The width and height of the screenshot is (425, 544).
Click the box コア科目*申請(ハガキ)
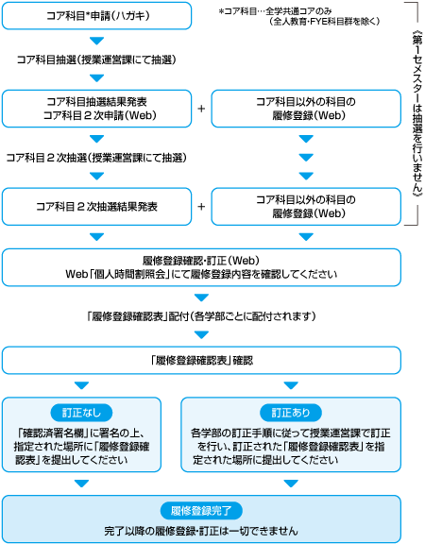tap(96, 16)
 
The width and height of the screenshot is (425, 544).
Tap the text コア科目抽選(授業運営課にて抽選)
tap(96, 60)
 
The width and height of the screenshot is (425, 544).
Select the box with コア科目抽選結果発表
tap(96, 109)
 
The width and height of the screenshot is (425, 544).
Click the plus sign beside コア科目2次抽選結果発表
tap(201, 207)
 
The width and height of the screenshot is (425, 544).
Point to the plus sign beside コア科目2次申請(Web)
tap(201, 109)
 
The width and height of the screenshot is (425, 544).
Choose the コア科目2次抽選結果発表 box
tap(96, 207)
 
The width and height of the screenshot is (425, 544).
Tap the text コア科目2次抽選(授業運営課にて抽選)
tap(96, 158)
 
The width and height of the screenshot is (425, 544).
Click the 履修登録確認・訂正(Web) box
tap(201, 267)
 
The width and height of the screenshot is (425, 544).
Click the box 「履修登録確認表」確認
tap(201, 361)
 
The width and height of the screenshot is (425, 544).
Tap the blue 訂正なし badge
tap(81, 413)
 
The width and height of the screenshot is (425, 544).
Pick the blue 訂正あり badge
tap(291, 413)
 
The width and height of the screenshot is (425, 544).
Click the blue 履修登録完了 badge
tap(201, 511)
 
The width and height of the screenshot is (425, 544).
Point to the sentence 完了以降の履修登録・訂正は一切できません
tap(201, 531)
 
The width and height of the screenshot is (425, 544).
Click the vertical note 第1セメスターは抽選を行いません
tap(417, 113)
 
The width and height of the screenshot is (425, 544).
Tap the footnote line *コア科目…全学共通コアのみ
tap(275, 11)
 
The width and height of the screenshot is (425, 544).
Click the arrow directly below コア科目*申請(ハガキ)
tap(96, 41)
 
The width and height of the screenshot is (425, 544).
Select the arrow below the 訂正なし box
tap(81, 484)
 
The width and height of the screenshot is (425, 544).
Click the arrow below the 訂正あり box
tap(291, 484)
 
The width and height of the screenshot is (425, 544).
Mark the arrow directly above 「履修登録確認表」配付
tap(201, 297)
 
